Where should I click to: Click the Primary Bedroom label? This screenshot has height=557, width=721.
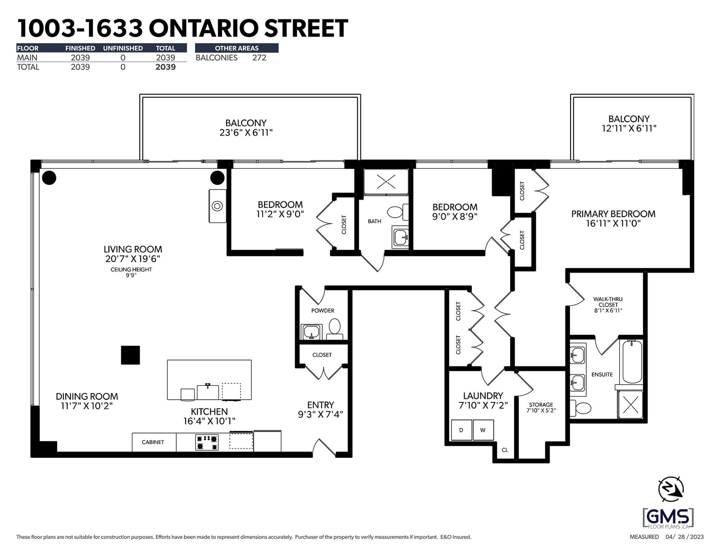(x=613, y=214)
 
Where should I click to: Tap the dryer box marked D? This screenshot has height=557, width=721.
(x=461, y=430)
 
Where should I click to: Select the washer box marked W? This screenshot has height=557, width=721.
(x=483, y=430)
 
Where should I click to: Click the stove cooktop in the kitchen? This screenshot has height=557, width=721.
(x=207, y=442)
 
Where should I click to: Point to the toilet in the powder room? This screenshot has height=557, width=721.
(x=334, y=329)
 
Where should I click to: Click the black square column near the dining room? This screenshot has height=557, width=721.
(x=130, y=355)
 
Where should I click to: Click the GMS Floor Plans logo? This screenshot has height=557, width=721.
(x=668, y=518)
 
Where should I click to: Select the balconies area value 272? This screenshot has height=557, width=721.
(x=259, y=58)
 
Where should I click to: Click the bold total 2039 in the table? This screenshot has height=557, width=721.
(x=165, y=67)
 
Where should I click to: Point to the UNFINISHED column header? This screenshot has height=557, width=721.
(x=123, y=48)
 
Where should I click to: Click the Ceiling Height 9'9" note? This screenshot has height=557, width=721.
(x=131, y=272)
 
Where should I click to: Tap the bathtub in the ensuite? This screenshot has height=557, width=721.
(x=632, y=362)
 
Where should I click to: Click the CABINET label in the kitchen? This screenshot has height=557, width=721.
(x=153, y=442)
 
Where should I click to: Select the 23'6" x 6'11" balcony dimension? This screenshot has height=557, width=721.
(x=246, y=132)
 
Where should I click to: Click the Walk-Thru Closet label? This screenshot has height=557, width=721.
(x=608, y=302)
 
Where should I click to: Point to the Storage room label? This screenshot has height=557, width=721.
(x=541, y=405)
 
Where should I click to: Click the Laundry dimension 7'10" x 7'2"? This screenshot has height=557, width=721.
(x=483, y=406)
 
